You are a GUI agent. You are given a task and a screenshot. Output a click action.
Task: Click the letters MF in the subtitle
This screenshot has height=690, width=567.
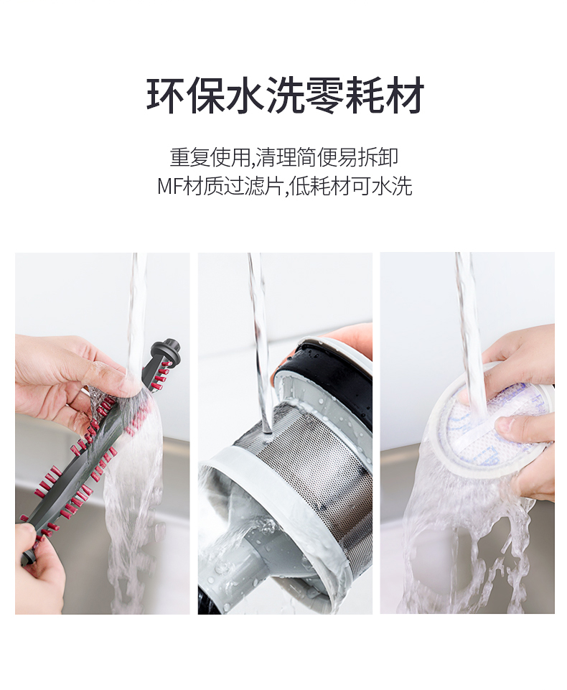(169, 187)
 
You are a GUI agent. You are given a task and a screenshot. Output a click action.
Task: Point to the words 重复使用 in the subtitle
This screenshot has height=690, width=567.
(210, 157)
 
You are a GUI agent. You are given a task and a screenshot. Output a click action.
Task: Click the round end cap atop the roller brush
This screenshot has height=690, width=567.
(164, 350)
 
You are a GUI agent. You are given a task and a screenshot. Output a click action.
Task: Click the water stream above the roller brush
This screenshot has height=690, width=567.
(137, 308)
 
